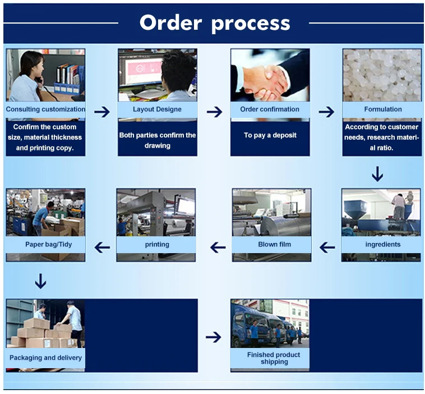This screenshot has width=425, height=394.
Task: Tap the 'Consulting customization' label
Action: tap(45, 109)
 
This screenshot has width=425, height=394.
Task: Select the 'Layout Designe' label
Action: tap(157, 109)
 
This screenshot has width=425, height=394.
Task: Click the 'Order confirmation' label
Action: tap(270, 109)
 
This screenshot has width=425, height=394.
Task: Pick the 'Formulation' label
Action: tap(382, 109)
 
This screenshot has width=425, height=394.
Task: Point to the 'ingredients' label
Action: tap(382, 245)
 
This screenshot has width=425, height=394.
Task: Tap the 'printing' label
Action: tap(157, 245)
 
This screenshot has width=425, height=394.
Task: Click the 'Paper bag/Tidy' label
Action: tap(48, 245)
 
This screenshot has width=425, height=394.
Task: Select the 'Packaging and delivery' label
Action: tap(45, 358)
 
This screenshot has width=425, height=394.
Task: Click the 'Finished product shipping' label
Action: tap(273, 358)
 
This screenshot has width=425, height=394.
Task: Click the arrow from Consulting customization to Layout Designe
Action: tap(102, 112)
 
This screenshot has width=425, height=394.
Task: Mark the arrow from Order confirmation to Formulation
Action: tap(326, 112)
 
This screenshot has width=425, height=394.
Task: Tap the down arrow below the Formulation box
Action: tap(377, 174)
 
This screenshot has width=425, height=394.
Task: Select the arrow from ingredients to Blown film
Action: tap(327, 247)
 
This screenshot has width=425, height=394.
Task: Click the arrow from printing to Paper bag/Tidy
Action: tap(101, 247)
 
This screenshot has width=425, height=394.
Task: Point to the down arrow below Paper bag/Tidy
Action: tap(40, 281)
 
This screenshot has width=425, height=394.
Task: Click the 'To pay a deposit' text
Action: tap(270, 135)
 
